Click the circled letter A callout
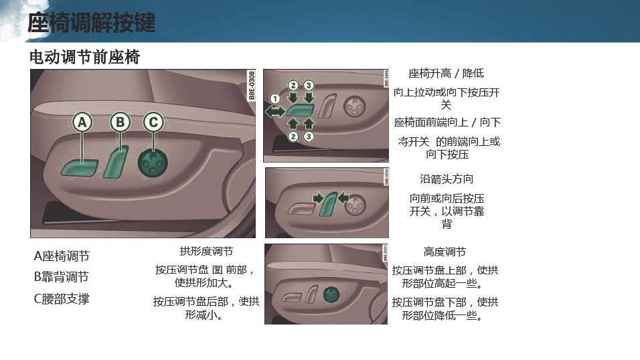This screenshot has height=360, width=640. click(x=82, y=122)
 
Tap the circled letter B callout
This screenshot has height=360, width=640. click(x=121, y=122)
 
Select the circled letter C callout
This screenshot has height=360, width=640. click(x=153, y=122)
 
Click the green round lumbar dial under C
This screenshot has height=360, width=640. click(x=153, y=163)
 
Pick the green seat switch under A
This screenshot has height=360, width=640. click(x=80, y=168)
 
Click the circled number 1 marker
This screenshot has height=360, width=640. click(x=275, y=99)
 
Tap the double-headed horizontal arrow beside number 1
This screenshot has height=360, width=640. click(x=275, y=111)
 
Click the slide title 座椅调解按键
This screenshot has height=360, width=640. click(x=92, y=22)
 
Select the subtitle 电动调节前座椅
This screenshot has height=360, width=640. click(x=85, y=57)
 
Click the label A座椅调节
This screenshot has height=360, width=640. click(x=62, y=256)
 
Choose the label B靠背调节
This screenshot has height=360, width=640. click(x=61, y=277)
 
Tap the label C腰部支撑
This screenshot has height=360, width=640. click(x=62, y=299)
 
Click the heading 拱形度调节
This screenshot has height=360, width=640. click(x=207, y=251)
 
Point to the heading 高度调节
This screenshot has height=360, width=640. click(x=445, y=252)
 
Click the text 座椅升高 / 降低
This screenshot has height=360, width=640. click(x=446, y=74)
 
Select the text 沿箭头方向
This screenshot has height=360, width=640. click(x=447, y=179)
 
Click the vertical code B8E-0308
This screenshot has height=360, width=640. click(x=252, y=86)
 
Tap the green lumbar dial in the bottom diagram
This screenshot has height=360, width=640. click(x=331, y=294)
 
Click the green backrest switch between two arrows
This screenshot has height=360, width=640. click(x=329, y=203)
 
